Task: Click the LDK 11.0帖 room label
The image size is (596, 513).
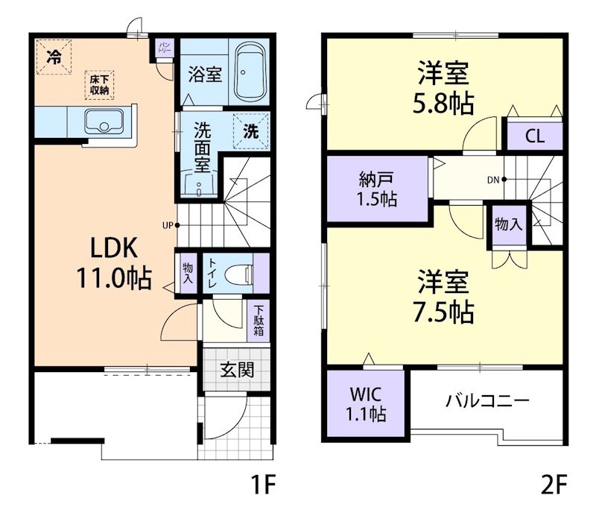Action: [x=113, y=262]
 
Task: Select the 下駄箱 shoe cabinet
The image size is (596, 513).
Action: [x=259, y=321]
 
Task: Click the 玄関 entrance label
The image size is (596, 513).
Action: [x=236, y=369]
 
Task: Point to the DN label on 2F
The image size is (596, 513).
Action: [x=492, y=179]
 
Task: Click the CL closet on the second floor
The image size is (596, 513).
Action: [x=534, y=136]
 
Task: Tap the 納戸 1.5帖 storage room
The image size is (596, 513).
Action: [x=377, y=189]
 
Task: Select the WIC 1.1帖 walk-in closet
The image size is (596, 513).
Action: [x=364, y=403]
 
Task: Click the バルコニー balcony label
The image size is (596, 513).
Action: [x=487, y=401]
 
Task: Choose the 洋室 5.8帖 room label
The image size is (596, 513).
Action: [x=444, y=89]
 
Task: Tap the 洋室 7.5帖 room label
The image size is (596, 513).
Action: [x=444, y=297]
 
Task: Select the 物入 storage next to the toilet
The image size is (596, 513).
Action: [x=188, y=273]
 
